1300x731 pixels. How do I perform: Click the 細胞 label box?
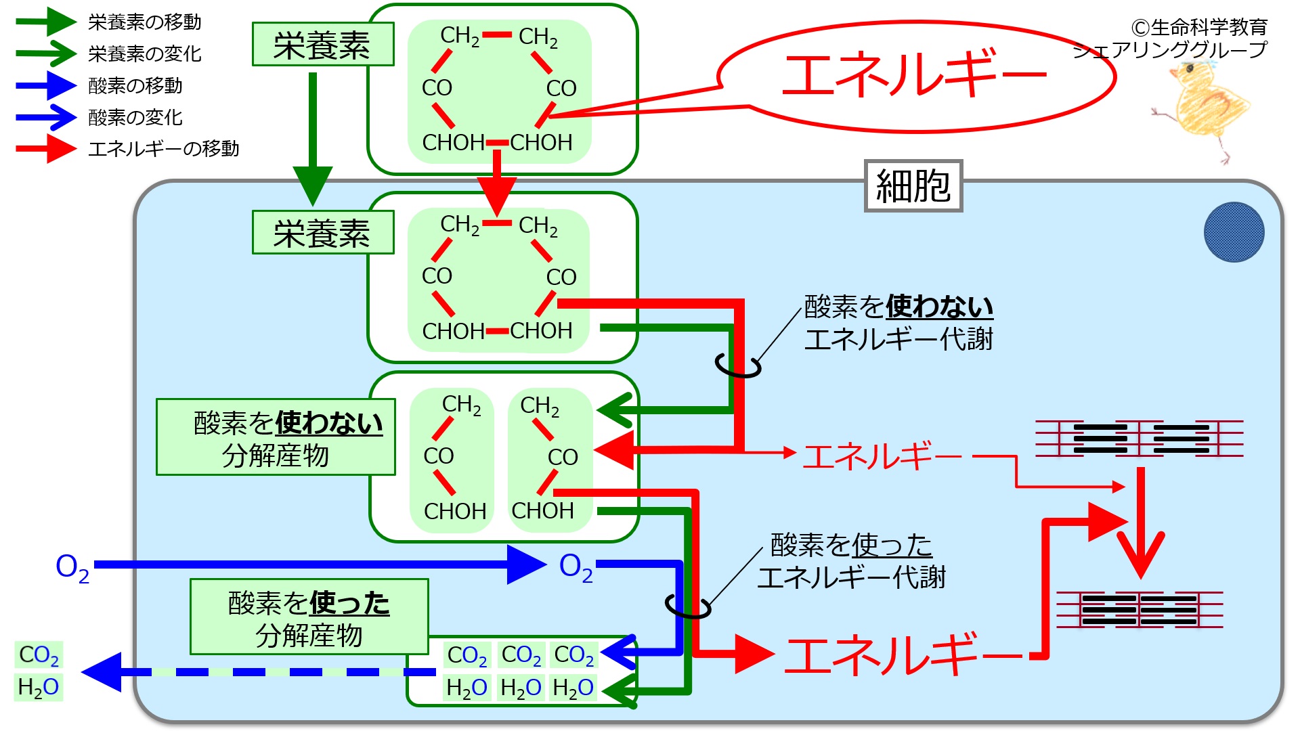(913, 186)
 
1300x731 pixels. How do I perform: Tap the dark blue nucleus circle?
(1234, 232)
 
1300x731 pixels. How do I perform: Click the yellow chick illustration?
(1202, 108)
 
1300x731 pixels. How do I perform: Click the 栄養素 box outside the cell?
(323, 45)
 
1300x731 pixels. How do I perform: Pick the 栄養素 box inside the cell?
(323, 233)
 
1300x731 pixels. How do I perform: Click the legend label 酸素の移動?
(135, 86)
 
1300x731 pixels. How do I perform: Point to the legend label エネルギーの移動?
(164, 149)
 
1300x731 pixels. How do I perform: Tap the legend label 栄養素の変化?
(145, 54)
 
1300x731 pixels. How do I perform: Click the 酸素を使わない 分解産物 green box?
(276, 437)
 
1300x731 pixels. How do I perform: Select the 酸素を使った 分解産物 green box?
(309, 617)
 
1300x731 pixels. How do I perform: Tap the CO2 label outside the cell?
(39, 655)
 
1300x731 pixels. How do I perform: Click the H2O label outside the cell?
(39, 687)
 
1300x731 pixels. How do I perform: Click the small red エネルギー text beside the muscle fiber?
(882, 456)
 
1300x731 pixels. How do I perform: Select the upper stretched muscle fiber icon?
(1140, 438)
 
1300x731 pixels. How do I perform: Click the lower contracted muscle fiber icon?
(1140, 609)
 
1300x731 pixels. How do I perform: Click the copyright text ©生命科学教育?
(1199, 27)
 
